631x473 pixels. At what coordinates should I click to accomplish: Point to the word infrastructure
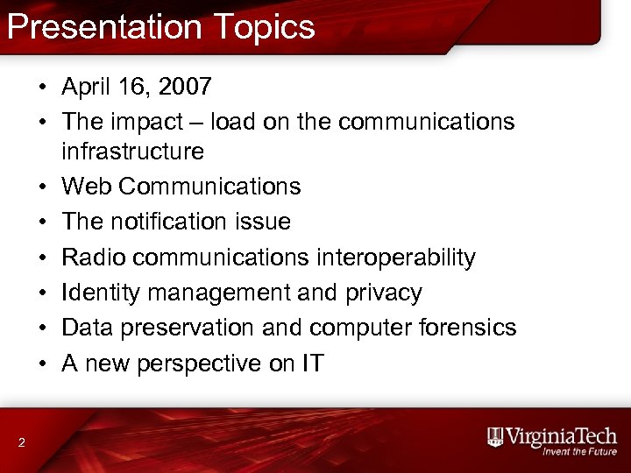(132, 152)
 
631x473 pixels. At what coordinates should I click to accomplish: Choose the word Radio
(91, 257)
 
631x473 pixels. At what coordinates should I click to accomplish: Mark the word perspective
(204, 363)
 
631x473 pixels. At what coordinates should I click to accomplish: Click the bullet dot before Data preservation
(41, 328)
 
